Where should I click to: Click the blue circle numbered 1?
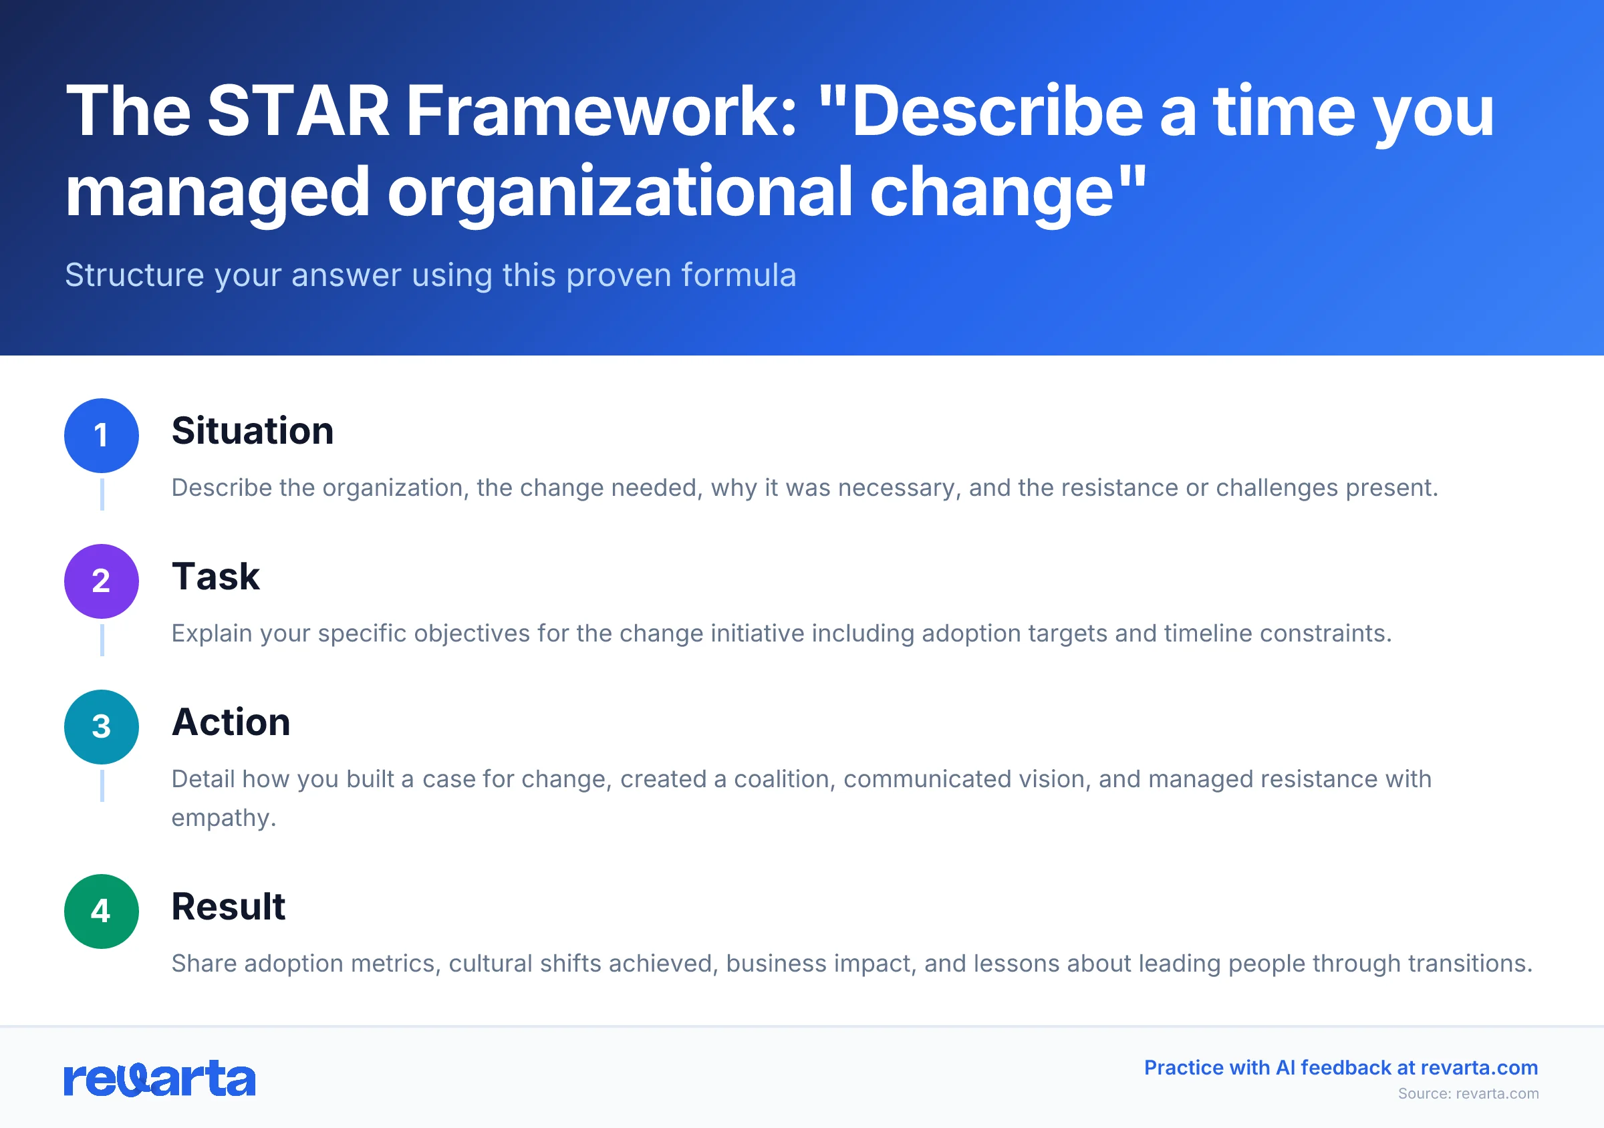coord(102,436)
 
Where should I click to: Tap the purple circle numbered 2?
coord(102,581)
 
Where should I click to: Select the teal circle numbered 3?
coord(102,727)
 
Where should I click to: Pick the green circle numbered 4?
coord(102,911)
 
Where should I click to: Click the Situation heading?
coord(252,431)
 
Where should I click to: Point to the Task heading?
coord(215,577)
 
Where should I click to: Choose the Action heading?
coord(231,722)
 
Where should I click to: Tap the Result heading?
coord(228,907)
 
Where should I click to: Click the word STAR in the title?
coord(298,111)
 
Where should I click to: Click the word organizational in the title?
coord(620,192)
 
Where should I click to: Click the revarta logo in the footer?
coord(159,1079)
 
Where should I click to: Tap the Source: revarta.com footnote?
coord(1468,1094)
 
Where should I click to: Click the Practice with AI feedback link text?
coord(1341,1068)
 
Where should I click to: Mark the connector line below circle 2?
coord(102,640)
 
